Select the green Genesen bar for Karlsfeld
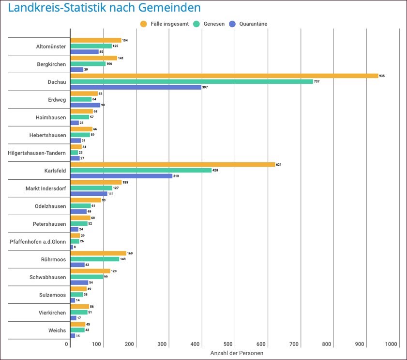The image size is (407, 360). point(141,170)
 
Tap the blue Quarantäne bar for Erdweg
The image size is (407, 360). point(85,105)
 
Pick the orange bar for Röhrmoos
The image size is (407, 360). point(98,253)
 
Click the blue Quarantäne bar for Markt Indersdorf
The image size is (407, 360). point(89,194)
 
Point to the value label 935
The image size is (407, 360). point(382,76)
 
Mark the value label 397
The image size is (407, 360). point(205,87)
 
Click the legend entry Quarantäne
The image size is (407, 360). point(253,24)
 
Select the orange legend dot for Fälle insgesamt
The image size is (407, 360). point(143,24)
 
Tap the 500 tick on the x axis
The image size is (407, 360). point(235,344)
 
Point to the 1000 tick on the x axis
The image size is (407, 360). point(391,344)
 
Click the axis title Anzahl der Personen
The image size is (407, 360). point(236,353)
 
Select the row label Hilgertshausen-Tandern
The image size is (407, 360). point(37,153)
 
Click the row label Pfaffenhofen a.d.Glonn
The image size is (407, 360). point(38,241)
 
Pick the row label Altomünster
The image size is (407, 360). point(51,47)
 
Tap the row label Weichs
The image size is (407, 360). point(57,330)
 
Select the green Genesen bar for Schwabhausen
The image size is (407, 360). point(87,277)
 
